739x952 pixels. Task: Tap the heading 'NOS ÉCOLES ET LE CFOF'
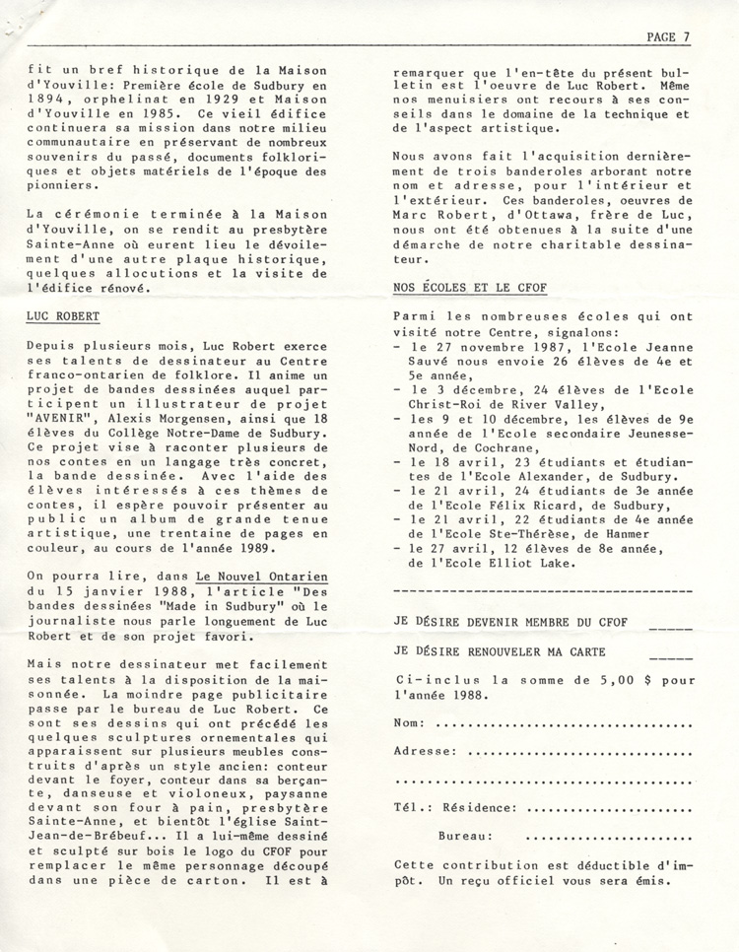tap(469, 288)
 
